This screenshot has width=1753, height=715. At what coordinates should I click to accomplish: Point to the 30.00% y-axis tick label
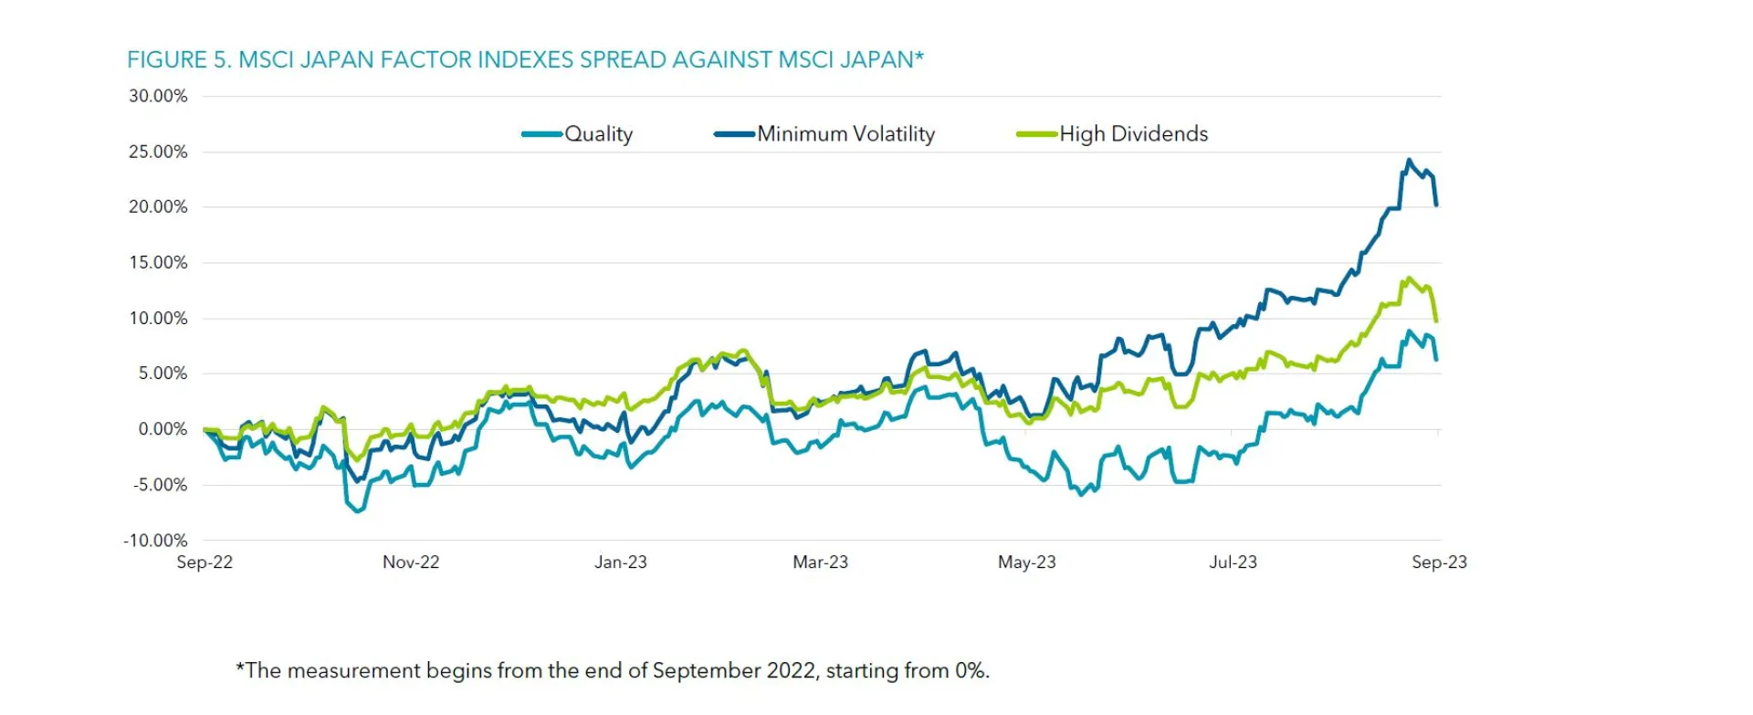pos(158,96)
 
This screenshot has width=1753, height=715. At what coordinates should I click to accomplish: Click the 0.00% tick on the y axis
pos(163,429)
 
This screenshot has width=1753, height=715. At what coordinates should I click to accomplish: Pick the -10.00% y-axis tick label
pos(155,541)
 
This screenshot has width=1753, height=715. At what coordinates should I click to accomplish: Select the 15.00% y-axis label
pos(158,263)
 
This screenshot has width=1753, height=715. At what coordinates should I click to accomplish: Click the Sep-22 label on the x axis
pos(205,563)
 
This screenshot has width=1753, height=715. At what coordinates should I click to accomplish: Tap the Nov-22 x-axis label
pos(411,563)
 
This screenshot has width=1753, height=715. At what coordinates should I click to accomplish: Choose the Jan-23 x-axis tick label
pos(621,563)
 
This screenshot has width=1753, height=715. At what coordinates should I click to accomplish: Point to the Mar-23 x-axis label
pos(820,563)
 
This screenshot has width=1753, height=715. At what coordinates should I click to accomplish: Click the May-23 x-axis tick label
pos(1027,563)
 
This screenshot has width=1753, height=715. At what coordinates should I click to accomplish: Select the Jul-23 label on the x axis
pos(1233,563)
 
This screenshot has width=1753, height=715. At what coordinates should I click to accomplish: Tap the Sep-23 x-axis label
pos(1439,563)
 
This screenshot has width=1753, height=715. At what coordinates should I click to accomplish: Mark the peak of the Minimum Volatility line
pos(1409,161)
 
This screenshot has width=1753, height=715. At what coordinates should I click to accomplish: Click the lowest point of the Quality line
pos(357,511)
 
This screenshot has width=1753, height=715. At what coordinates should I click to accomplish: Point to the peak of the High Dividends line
pos(1409,279)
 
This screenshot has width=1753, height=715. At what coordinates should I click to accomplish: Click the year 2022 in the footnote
pos(791,671)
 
